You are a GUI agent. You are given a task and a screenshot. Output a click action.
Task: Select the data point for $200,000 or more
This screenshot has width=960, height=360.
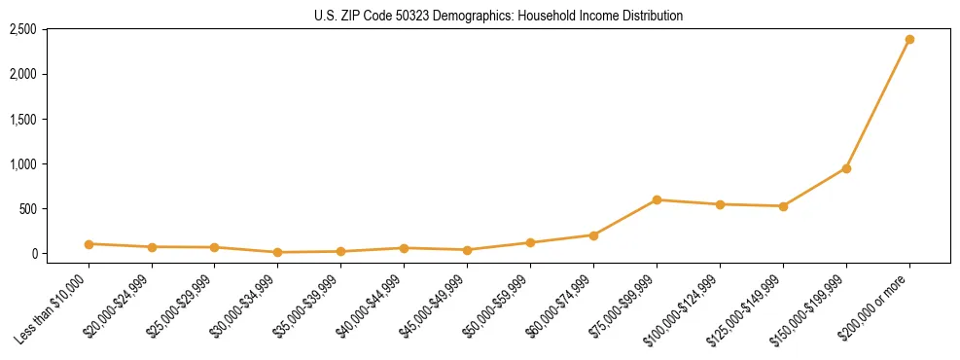[909, 40]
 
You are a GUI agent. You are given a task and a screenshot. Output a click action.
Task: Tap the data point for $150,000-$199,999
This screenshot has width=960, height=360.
[846, 168]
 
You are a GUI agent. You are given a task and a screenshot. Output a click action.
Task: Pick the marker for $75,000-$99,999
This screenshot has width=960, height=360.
[657, 199]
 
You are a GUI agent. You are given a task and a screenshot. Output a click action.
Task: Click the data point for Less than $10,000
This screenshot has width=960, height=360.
[89, 244]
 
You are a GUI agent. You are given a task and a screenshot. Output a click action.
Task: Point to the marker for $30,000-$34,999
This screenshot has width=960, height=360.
[278, 252]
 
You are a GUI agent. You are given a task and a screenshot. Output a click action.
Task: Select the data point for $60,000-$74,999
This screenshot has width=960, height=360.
[593, 234]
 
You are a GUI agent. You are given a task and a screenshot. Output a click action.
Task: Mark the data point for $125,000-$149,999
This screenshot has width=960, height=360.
[783, 206]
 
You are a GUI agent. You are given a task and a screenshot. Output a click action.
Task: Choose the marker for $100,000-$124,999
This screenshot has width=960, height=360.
[720, 204]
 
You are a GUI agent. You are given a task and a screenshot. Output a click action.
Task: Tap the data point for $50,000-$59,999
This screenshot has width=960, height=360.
[530, 242]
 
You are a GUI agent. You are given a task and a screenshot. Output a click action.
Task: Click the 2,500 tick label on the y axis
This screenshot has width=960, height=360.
[22, 30]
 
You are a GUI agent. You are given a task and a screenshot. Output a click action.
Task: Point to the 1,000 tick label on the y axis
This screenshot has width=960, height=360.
[22, 164]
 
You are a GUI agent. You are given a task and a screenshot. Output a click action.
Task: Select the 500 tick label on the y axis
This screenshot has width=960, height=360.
[27, 209]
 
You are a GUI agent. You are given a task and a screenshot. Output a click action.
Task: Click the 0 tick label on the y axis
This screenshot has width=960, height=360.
[34, 254]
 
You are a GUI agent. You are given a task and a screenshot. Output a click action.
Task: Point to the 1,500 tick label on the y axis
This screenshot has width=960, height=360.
[22, 120]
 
